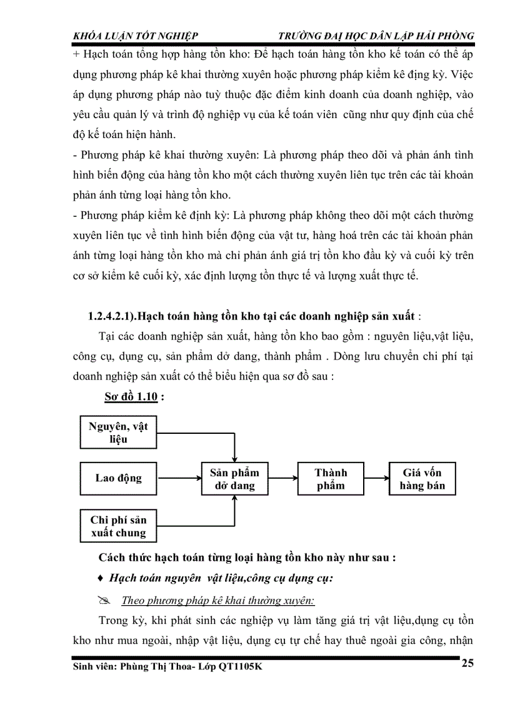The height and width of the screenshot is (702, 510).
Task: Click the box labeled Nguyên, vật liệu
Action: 118,432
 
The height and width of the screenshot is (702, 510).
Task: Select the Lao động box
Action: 118,478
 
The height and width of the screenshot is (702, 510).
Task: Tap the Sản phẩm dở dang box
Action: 234,479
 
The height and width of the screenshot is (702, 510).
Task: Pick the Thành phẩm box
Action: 331,479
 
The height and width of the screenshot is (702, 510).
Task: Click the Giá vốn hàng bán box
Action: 422,479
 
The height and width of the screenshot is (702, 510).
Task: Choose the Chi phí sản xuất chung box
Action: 118,526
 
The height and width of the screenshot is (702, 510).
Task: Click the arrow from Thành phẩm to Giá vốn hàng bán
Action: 376,479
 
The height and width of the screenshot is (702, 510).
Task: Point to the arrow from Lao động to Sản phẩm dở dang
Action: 179,479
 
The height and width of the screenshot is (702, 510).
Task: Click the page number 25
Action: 467,663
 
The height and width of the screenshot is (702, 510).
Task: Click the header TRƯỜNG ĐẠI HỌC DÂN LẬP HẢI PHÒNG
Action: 375,36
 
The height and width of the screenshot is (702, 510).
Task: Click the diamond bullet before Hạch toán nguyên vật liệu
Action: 101,579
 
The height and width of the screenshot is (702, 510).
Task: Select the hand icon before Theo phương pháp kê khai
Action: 104,601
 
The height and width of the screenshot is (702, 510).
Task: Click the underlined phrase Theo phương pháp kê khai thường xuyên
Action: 217,601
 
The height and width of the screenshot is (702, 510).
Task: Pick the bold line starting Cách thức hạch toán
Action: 247,558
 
